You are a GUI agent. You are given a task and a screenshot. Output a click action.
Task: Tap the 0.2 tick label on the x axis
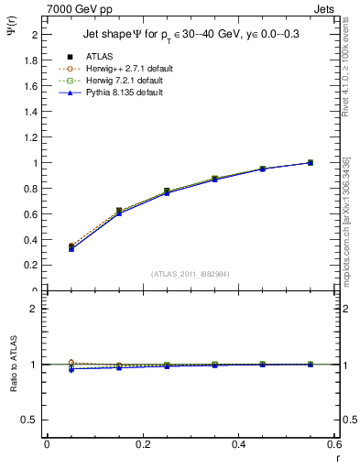point(142,444)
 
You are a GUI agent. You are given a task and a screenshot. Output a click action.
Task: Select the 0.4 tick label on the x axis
point(238,444)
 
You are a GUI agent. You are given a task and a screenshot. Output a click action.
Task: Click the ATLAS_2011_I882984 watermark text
point(190,273)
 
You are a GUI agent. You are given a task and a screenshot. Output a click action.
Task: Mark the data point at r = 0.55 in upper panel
point(310,163)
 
